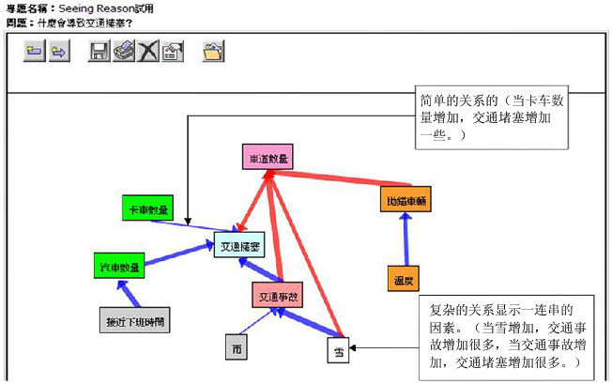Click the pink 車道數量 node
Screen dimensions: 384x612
268,158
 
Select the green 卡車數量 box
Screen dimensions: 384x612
149,209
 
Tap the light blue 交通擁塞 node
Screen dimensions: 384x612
239,246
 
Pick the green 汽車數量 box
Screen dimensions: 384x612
119,267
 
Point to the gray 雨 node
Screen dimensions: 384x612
237,347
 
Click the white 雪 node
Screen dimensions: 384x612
338,351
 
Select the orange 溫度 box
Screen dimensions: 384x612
404,279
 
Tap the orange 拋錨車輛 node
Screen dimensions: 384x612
406,200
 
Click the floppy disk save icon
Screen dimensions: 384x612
99,53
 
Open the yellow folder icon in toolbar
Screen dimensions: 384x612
213,53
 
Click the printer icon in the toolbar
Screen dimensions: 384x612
124,53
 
